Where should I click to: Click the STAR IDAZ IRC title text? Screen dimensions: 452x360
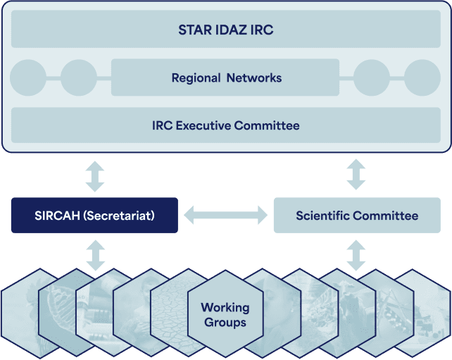(x=226, y=30)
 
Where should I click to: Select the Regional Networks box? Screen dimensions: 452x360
(x=225, y=77)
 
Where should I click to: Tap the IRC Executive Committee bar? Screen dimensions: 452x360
(x=226, y=125)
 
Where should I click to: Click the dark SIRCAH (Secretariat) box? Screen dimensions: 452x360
(x=94, y=215)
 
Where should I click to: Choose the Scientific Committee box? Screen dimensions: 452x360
(x=357, y=215)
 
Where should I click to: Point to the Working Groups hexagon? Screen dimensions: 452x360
(x=225, y=314)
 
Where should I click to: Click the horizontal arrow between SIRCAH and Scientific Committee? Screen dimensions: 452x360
(x=226, y=215)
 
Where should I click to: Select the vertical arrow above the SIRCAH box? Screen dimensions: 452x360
(x=95, y=176)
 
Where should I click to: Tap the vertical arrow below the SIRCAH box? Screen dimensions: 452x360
(x=96, y=256)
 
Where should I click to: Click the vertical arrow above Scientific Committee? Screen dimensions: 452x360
(x=356, y=174)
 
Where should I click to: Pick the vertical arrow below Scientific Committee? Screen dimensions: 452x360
(x=356, y=256)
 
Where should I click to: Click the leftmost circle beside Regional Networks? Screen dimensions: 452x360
(x=28, y=77)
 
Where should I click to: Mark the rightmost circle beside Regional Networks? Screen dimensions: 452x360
(x=422, y=77)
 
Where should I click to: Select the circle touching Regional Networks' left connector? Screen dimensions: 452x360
(x=79, y=77)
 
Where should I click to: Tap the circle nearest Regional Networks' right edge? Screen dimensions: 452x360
(x=372, y=77)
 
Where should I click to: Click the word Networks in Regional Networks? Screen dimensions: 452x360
(x=254, y=77)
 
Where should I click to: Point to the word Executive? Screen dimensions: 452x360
(x=203, y=125)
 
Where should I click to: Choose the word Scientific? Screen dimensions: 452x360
(x=322, y=216)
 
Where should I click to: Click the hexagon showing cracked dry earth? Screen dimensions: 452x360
(x=173, y=313)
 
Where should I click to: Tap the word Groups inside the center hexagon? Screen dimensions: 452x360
(x=225, y=322)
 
